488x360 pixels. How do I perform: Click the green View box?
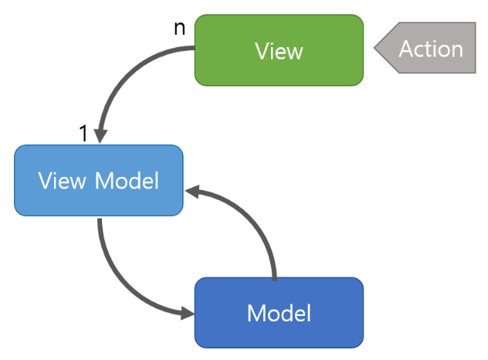pyautogui.click(x=279, y=50)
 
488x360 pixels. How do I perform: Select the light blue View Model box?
pyautogui.click(x=99, y=180)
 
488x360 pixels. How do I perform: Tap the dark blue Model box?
pyautogui.click(x=279, y=313)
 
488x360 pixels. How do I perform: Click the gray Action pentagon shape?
pyautogui.click(x=425, y=48)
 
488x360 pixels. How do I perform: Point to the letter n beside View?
pyautogui.click(x=180, y=29)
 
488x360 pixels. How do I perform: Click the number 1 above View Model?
pyautogui.click(x=83, y=133)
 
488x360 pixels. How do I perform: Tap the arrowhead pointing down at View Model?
pyautogui.click(x=100, y=137)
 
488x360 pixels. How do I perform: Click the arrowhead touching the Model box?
pyautogui.click(x=188, y=313)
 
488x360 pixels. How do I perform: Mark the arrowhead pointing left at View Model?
pyautogui.click(x=191, y=192)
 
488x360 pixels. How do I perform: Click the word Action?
pyautogui.click(x=431, y=49)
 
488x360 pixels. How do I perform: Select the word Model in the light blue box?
pyautogui.click(x=127, y=180)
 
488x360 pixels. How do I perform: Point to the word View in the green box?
pyautogui.click(x=279, y=51)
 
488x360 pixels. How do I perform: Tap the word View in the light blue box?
pyautogui.click(x=62, y=180)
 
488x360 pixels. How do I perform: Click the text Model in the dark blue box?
pyautogui.click(x=279, y=313)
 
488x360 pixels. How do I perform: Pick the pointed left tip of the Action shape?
pyautogui.click(x=374, y=48)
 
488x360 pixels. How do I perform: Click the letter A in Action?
pyautogui.click(x=408, y=49)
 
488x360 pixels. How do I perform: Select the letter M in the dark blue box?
pyautogui.click(x=256, y=314)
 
